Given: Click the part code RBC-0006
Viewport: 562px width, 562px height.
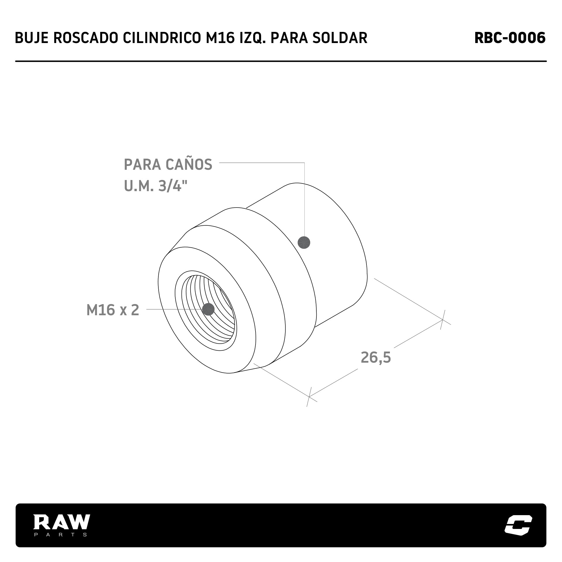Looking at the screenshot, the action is coord(510,38).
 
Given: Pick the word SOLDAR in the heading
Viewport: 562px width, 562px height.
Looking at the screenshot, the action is coord(340,38).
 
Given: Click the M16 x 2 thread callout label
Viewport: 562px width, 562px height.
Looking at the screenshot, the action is coord(113,310).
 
